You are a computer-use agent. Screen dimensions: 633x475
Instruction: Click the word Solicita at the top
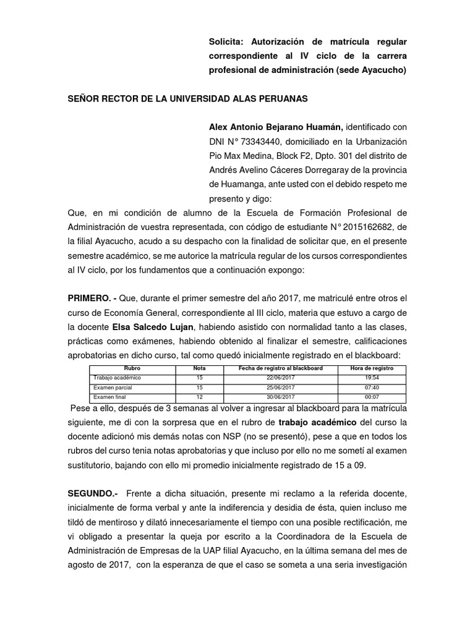[x=225, y=41]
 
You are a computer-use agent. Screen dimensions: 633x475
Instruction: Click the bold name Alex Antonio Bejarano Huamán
[x=276, y=125]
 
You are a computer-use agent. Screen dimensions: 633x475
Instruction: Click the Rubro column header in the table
[x=133, y=369]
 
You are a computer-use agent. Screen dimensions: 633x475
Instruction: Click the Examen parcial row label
[x=113, y=388]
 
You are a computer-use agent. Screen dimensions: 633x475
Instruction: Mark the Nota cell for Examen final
[x=199, y=397]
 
